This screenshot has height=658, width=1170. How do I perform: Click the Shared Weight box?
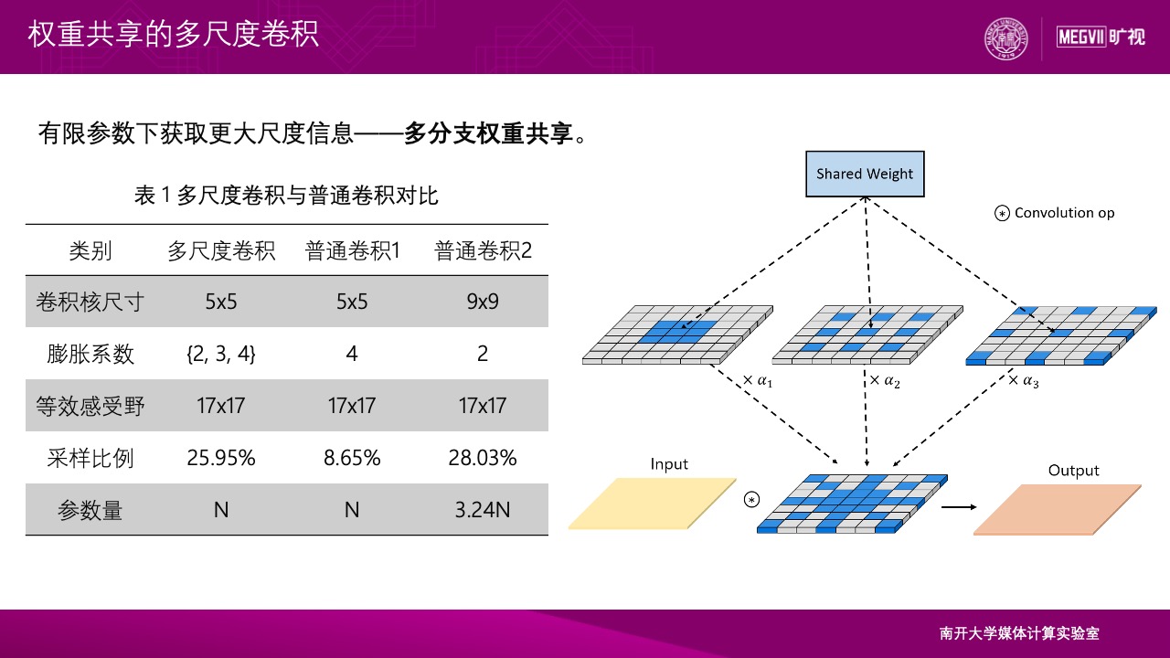865,174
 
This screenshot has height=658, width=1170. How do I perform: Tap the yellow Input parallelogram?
652,504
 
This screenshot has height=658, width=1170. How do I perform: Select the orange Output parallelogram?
1058,509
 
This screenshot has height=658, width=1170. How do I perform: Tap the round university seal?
1005,39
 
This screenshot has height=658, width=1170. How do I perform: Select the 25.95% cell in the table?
221,458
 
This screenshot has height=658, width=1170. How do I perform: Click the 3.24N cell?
483,510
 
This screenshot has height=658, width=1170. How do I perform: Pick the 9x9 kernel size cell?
483,302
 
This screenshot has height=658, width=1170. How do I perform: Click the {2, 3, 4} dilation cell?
221,354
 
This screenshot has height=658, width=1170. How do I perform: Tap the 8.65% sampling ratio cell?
352,458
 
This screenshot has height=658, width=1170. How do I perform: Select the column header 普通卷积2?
483,250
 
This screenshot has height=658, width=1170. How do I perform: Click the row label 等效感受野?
90,406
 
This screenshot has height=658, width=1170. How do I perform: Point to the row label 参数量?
90,510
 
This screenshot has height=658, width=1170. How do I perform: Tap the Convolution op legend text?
1064,213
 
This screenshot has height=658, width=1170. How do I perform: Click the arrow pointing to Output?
957,505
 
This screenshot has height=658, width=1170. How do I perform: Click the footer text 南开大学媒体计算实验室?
1019,633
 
